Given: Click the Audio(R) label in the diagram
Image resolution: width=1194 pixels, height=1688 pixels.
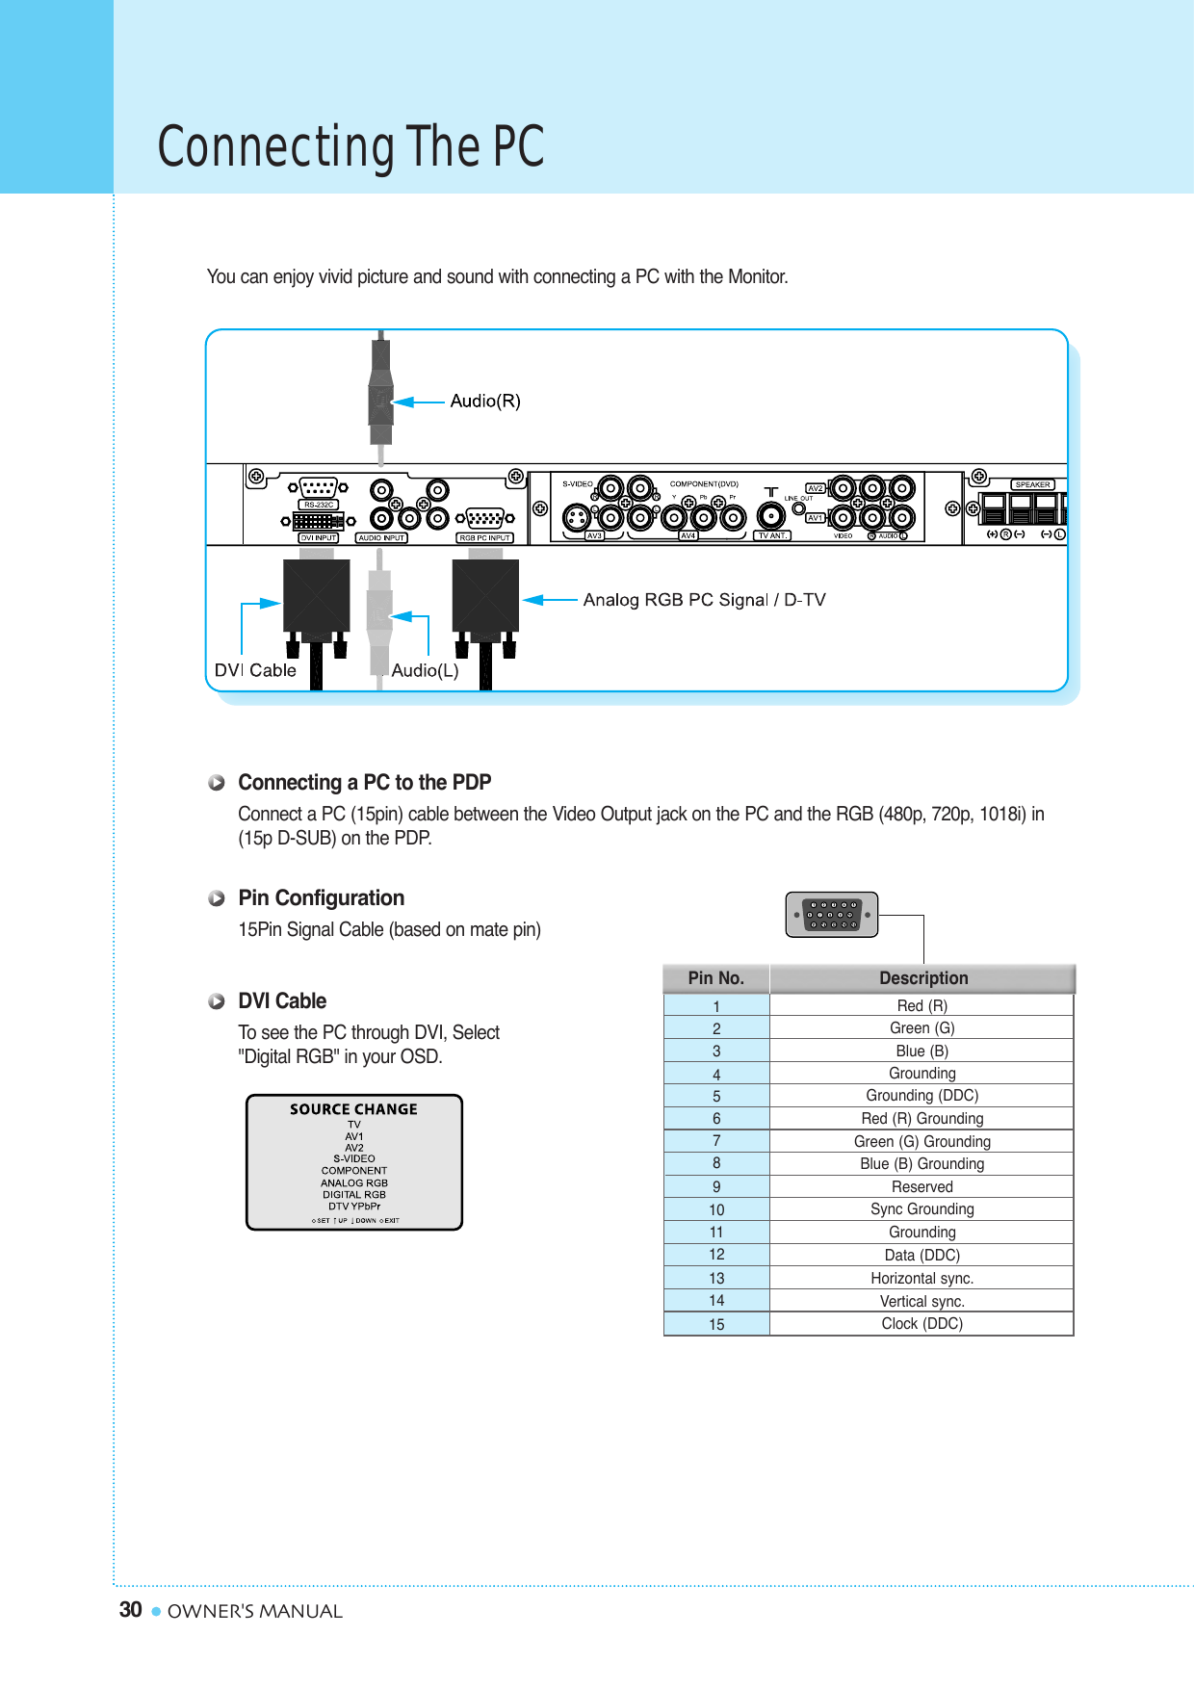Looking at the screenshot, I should tap(485, 402).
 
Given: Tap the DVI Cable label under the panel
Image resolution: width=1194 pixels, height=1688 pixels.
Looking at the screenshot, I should tap(255, 670).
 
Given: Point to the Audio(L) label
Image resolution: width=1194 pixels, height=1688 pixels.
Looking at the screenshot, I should tap(425, 670).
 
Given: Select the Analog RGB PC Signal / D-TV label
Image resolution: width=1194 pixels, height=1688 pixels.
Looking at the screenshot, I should tap(704, 600).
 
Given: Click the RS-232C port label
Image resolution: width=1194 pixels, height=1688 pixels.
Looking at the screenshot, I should tap(319, 505).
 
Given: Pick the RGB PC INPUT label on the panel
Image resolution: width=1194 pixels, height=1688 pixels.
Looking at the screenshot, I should tap(484, 538).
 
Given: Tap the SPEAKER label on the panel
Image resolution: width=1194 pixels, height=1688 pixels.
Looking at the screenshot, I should tap(1032, 484).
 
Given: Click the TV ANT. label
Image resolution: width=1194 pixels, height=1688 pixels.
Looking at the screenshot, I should tap(772, 535).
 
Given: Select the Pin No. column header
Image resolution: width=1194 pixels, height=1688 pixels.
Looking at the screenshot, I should tap(715, 978).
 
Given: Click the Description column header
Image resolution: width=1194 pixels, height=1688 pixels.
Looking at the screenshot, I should tap(922, 978).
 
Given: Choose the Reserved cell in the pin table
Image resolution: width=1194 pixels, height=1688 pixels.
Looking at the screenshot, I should tap(921, 1187).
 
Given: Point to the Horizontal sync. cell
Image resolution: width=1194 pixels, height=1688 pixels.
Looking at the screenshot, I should tap(921, 1279).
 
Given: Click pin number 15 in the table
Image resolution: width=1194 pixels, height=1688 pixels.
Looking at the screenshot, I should tap(716, 1325).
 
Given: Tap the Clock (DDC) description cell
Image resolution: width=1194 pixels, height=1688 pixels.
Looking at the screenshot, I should tap(921, 1324).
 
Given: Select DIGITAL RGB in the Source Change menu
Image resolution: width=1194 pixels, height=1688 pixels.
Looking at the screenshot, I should tap(354, 1195).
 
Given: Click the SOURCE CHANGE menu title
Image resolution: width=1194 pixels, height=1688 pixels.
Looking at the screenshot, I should tap(354, 1109).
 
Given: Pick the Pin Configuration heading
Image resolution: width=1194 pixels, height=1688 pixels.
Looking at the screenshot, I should tap(321, 898).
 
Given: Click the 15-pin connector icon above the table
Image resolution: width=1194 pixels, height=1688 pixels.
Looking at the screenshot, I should tap(832, 915).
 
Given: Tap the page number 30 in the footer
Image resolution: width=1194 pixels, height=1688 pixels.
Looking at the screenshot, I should tap(131, 1610).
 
